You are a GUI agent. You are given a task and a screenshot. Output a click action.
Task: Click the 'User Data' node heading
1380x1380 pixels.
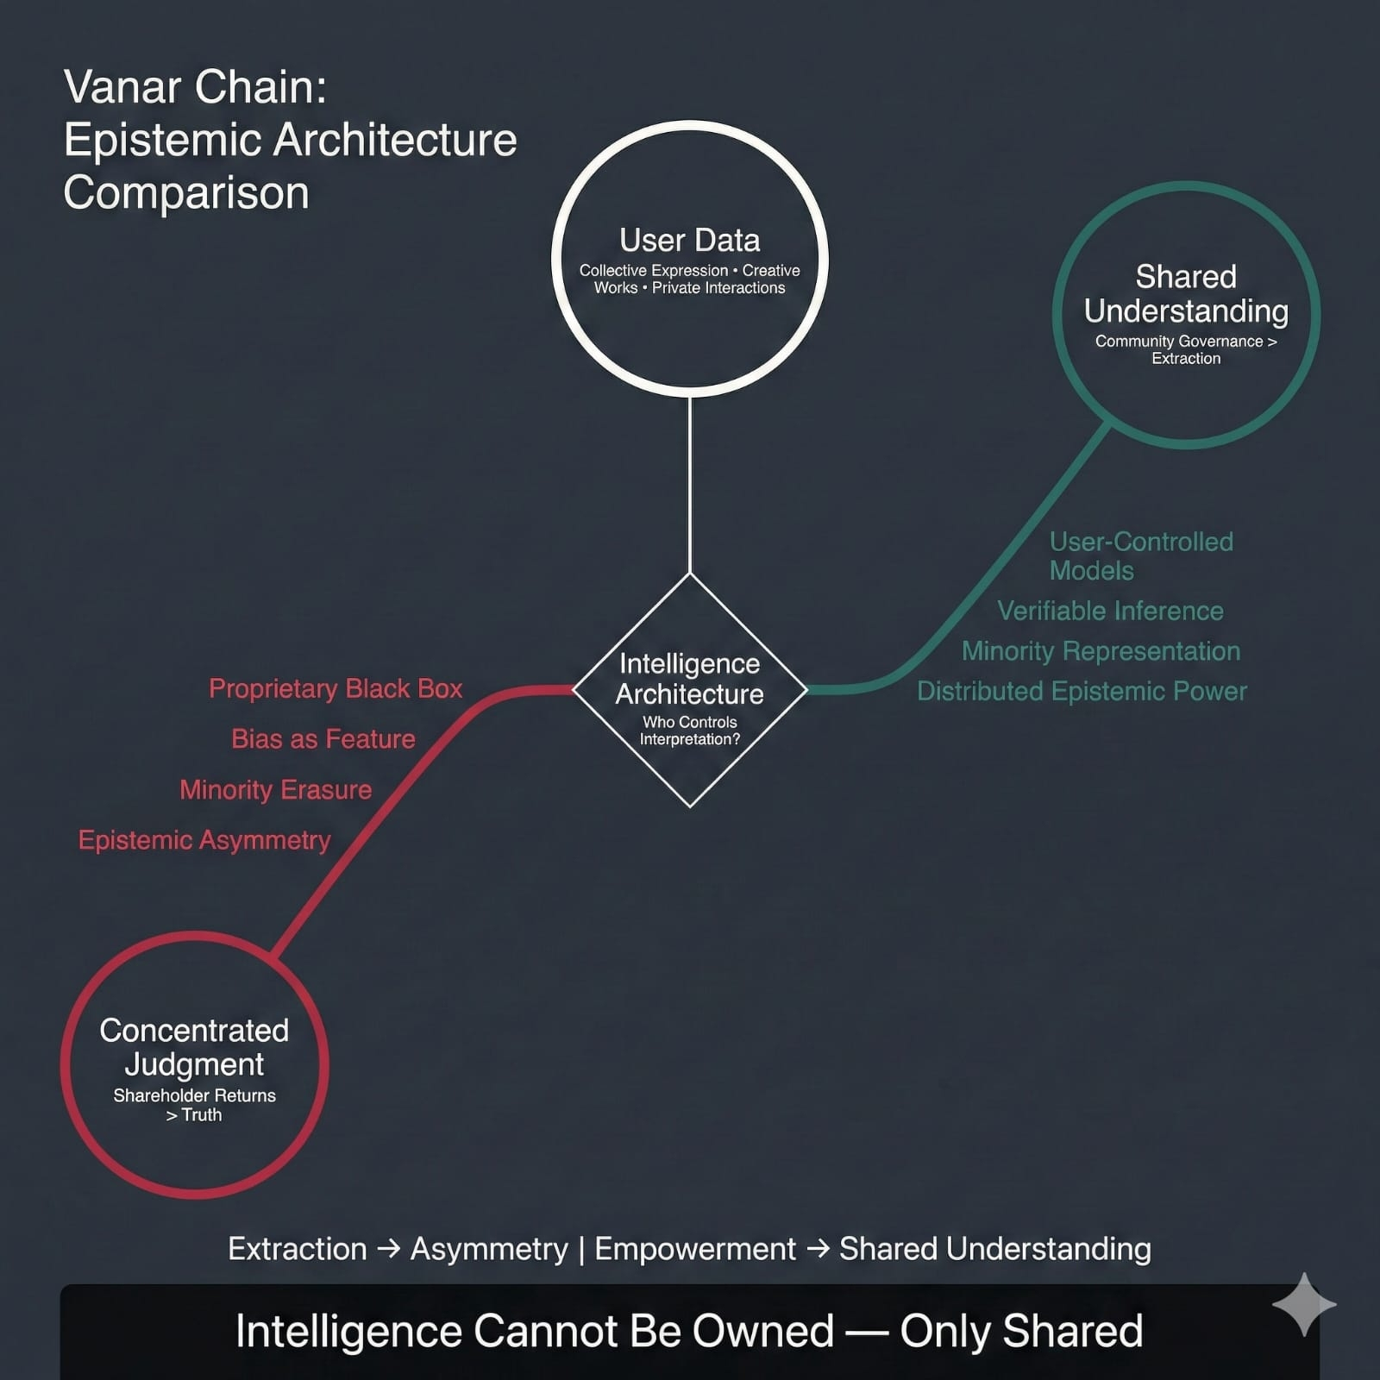(x=689, y=240)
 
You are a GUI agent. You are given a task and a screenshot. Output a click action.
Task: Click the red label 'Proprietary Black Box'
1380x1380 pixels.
(x=336, y=688)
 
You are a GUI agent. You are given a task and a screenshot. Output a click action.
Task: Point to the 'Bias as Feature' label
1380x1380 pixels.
(x=323, y=739)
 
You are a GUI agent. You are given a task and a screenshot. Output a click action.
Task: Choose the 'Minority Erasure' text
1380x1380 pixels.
(x=276, y=789)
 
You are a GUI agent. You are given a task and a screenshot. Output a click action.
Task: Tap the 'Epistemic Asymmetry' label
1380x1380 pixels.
(x=204, y=840)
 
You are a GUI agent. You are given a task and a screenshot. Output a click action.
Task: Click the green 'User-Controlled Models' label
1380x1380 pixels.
(x=1140, y=555)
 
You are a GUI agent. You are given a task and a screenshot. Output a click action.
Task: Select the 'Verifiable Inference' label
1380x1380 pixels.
(x=1110, y=611)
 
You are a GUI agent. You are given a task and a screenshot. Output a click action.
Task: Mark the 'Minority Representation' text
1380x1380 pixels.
(x=1101, y=651)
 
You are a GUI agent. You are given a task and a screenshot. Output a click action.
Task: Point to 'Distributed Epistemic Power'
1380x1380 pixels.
(x=1082, y=691)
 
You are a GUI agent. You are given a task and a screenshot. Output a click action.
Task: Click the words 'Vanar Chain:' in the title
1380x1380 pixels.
(x=195, y=87)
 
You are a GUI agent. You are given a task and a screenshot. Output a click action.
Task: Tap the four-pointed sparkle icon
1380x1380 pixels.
(x=1304, y=1304)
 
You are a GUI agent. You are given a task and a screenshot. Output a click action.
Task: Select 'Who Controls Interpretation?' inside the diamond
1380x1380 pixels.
(x=689, y=731)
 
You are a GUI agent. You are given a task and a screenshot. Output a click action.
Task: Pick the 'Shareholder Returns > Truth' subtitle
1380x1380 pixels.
(x=194, y=1105)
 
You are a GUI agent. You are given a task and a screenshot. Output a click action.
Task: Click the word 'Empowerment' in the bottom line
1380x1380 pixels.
(x=695, y=1249)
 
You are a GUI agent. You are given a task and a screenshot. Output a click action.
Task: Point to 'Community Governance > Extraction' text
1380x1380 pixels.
(x=1186, y=349)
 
